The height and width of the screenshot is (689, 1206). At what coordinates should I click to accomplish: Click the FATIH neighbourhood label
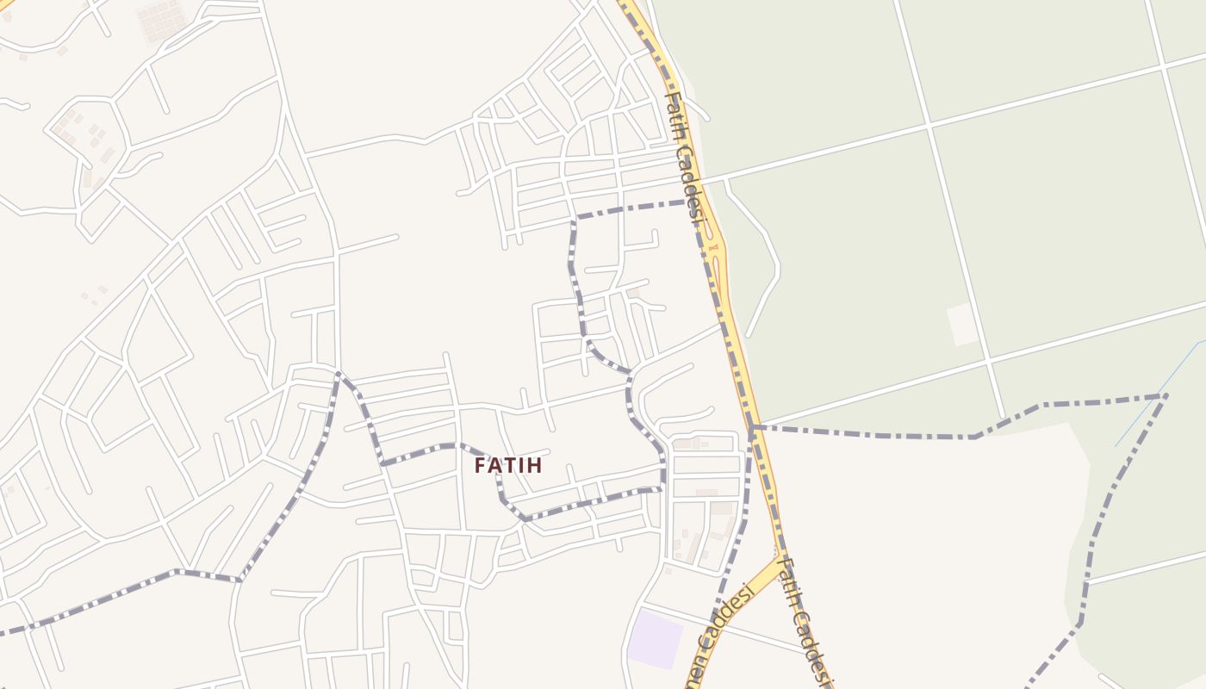(x=508, y=465)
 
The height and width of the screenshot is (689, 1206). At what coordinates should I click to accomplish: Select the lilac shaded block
(x=655, y=638)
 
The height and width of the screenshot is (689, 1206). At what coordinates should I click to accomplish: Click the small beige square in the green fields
(x=962, y=325)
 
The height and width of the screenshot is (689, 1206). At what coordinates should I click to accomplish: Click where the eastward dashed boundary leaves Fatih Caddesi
(x=753, y=426)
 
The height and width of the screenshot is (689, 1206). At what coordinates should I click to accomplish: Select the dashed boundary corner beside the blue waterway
(x=1165, y=396)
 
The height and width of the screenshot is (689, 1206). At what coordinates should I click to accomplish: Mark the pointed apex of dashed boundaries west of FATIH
(x=339, y=373)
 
